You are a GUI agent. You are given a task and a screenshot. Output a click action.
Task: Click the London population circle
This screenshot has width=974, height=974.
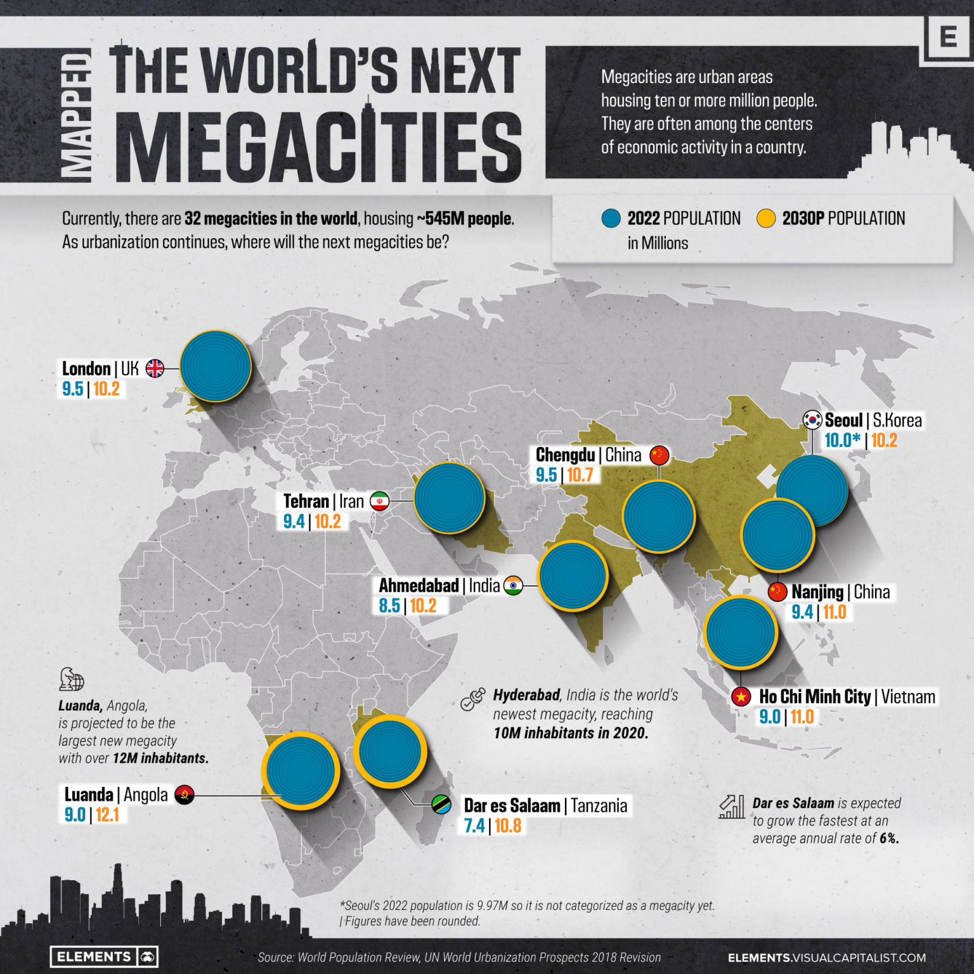pyautogui.click(x=216, y=367)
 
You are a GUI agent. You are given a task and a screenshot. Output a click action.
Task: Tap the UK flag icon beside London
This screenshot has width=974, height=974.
pyautogui.click(x=155, y=368)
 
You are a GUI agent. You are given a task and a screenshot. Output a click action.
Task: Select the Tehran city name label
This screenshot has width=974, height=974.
pyautogui.click(x=306, y=501)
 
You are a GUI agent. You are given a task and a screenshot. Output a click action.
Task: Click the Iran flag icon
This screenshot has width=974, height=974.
pyautogui.click(x=379, y=501)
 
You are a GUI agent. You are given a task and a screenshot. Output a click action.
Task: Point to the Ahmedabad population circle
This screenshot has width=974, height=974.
pyautogui.click(x=573, y=576)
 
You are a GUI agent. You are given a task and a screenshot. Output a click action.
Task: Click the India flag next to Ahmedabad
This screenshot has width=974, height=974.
pyautogui.click(x=513, y=585)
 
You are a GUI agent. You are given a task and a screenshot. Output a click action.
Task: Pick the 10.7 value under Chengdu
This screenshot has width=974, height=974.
pyautogui.click(x=580, y=475)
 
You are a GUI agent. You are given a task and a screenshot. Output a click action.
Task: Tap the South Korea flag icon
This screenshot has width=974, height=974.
pyautogui.click(x=812, y=420)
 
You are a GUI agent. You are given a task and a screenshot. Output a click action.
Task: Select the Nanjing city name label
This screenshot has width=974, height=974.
pyautogui.click(x=817, y=592)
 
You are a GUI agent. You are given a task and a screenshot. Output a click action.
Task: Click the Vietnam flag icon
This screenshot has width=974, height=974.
pyautogui.click(x=741, y=697)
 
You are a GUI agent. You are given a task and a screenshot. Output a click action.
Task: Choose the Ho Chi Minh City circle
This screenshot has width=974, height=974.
pyautogui.click(x=741, y=632)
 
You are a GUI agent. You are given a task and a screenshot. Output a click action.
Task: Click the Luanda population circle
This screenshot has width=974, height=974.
pyautogui.click(x=301, y=771)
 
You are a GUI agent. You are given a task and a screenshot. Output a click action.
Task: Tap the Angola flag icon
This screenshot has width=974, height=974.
pyautogui.click(x=184, y=795)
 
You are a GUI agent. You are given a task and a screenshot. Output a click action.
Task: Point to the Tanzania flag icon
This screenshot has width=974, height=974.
pyautogui.click(x=441, y=805)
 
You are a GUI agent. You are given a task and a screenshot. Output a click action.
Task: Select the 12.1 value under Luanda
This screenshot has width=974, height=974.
pyautogui.click(x=107, y=815)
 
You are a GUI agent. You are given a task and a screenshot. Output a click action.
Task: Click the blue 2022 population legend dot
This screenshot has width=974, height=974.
pyautogui.click(x=611, y=219)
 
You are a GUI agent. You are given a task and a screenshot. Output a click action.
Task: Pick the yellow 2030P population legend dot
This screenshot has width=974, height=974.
pyautogui.click(x=766, y=219)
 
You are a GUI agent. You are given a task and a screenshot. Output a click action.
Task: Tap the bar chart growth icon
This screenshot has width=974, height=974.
pyautogui.click(x=732, y=807)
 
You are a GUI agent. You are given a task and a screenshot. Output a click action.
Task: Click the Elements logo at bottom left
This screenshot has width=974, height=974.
pyautogui.click(x=104, y=957)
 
